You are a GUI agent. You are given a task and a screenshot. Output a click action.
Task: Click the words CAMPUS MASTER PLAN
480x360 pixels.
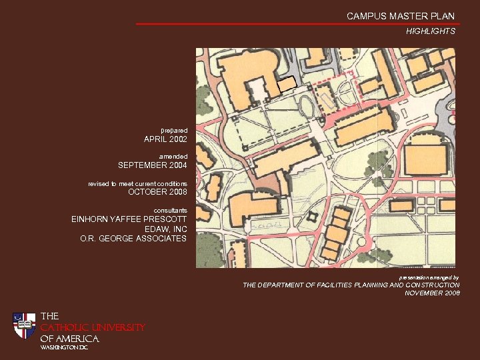[x=400, y=16]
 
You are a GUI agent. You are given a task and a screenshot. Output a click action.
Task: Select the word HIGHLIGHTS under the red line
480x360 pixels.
[x=431, y=31]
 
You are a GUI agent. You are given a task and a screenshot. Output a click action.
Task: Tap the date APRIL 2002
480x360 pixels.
[x=165, y=140]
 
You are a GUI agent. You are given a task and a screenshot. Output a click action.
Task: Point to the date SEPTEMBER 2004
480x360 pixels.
[x=153, y=165]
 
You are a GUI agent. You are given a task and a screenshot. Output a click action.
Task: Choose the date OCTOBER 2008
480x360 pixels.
[x=157, y=193]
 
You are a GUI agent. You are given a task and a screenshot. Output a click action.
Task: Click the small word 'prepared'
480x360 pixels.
[x=174, y=130]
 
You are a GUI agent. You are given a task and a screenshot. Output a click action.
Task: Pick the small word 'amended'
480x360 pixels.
[x=173, y=155]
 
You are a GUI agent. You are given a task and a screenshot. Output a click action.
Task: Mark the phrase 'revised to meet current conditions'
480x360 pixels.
[x=137, y=183]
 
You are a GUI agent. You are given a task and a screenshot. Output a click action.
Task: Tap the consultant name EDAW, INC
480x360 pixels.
[x=165, y=229]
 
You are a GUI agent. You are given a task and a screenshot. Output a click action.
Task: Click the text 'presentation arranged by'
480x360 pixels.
[x=429, y=277]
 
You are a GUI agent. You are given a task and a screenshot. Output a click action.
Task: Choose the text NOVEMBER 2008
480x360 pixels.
[x=432, y=293]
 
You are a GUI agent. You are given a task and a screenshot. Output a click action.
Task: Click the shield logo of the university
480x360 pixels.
[x=25, y=325]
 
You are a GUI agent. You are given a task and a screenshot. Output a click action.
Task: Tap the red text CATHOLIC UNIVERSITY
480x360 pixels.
[x=93, y=327]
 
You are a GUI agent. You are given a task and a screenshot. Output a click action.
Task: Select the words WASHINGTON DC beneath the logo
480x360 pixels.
[x=64, y=348]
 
